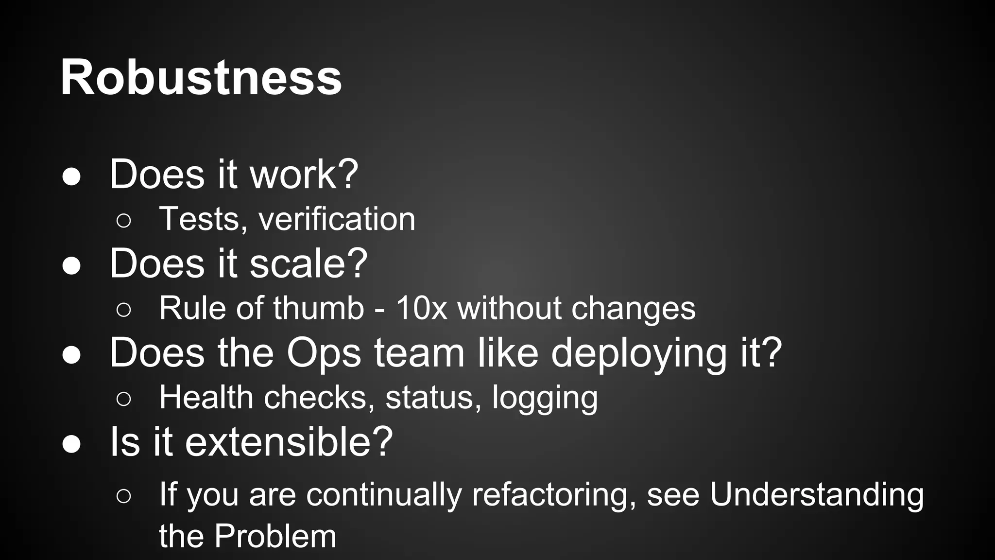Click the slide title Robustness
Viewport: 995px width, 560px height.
pyautogui.click(x=201, y=78)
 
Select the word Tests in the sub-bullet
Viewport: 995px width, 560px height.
pyautogui.click(x=200, y=219)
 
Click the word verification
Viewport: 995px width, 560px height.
pyautogui.click(x=337, y=219)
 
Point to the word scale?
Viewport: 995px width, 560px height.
pyautogui.click(x=309, y=263)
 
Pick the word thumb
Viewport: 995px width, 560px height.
pyautogui.click(x=318, y=308)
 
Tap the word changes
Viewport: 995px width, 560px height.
pyautogui.click(x=633, y=309)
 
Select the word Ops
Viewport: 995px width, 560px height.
pyautogui.click(x=324, y=353)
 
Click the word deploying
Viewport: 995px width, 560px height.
pyautogui.click(x=638, y=354)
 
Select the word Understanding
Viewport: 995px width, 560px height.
pyautogui.click(x=817, y=494)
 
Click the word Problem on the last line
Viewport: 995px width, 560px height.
pyautogui.click(x=275, y=536)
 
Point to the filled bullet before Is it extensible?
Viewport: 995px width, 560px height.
pyautogui.click(x=71, y=444)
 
